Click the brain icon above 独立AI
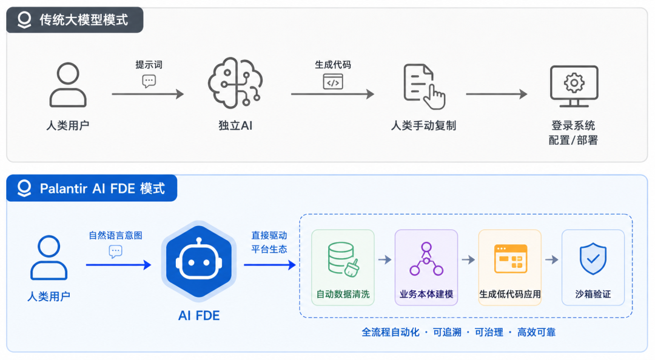point(235,82)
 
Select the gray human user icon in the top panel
point(68,85)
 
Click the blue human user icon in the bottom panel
point(49,258)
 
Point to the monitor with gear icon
point(574,86)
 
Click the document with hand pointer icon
point(424,86)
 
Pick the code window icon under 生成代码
point(333,81)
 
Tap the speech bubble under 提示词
point(149,81)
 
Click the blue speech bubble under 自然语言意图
point(115,252)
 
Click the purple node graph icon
point(426,259)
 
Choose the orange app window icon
point(510,259)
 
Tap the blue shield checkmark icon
point(593,259)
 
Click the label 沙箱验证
point(593,294)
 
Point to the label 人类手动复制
point(423,125)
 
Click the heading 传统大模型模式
point(84,19)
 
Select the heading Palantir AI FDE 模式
point(102,188)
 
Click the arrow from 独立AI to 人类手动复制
point(332,94)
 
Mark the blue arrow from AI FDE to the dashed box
point(270,264)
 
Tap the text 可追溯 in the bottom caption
point(447,332)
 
